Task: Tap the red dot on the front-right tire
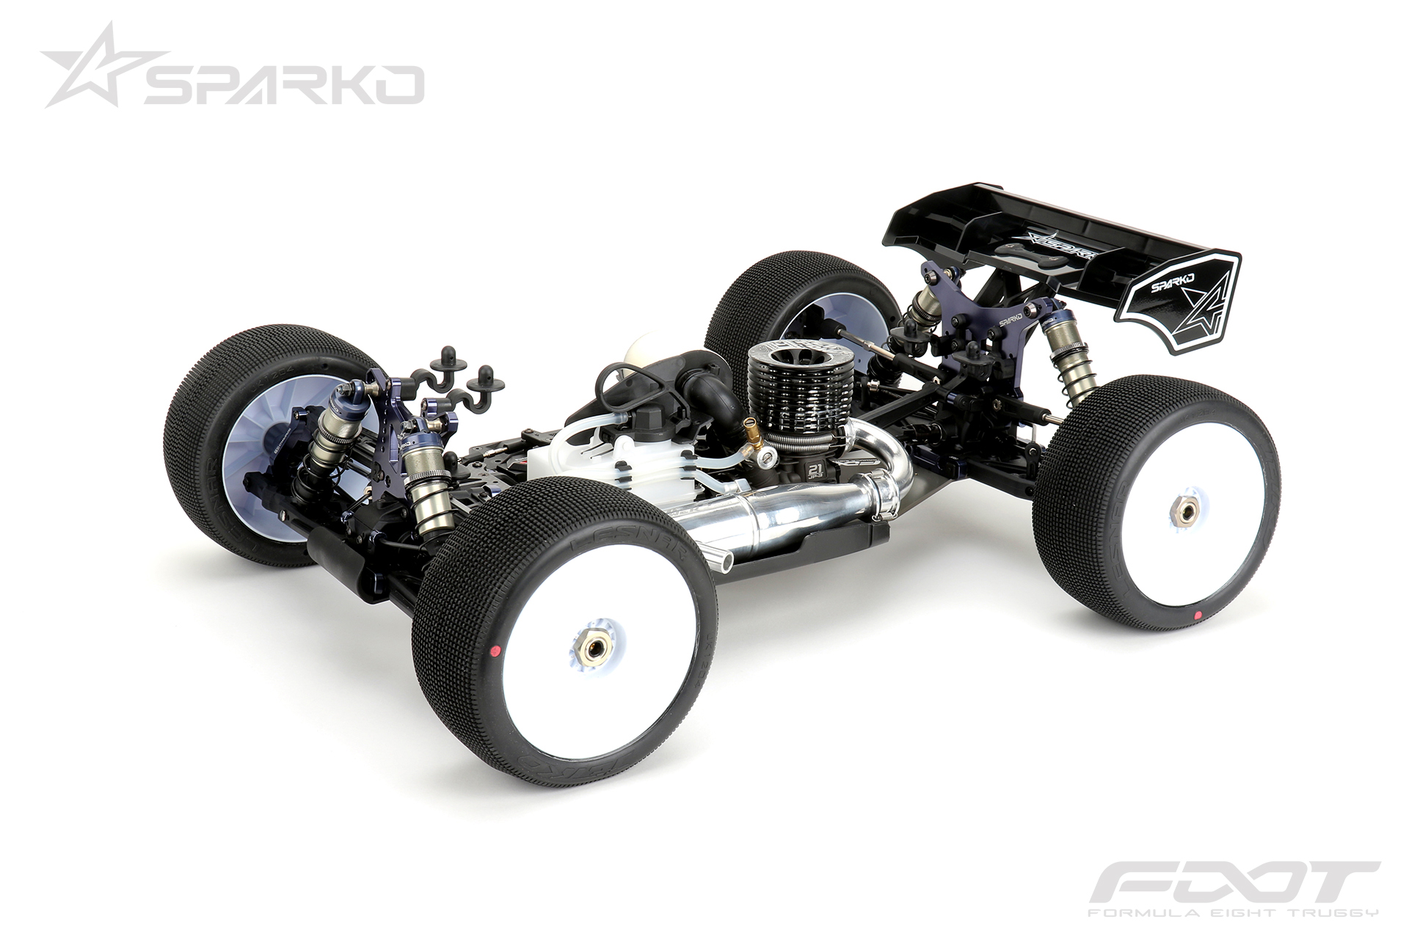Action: point(495,650)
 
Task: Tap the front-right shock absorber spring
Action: point(426,499)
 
